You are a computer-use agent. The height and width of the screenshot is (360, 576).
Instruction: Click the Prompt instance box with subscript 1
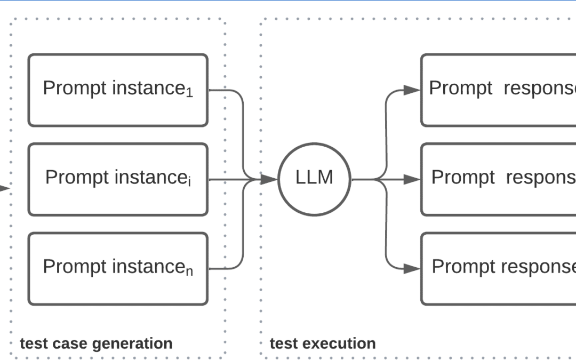click(118, 90)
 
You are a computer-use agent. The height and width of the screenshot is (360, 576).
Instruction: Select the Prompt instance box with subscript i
click(118, 179)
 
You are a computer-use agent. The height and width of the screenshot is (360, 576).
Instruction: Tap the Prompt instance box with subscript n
click(118, 269)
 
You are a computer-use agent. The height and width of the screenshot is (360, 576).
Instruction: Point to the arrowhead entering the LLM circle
click(271, 180)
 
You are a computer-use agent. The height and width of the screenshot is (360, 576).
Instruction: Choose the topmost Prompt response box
click(499, 90)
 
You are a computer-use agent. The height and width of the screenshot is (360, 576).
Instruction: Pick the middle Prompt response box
click(499, 179)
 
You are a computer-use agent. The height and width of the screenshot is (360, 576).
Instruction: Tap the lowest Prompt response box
click(499, 269)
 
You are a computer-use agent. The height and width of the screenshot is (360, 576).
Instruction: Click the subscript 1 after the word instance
click(189, 93)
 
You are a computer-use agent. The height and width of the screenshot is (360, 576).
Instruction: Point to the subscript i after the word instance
click(189, 182)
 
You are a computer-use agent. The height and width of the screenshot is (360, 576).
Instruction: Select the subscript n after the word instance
click(189, 271)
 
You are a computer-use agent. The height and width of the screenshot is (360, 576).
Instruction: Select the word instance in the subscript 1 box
click(148, 88)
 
